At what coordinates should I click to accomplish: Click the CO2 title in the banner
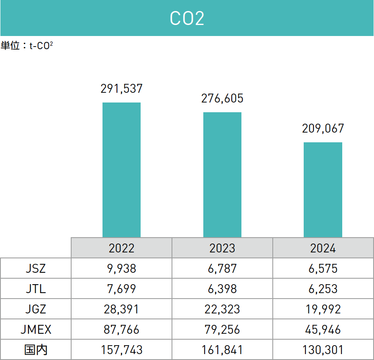[x=187, y=19]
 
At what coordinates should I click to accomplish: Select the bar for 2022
[x=122, y=170]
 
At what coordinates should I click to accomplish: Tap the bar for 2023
[x=222, y=174]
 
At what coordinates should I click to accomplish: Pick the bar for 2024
[x=323, y=190]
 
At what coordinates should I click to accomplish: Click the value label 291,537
[x=122, y=89]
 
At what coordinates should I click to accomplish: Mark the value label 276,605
[x=222, y=98]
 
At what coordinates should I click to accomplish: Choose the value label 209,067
[x=323, y=128]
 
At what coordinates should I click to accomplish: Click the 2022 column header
[x=122, y=248]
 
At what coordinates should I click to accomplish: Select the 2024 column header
[x=323, y=248]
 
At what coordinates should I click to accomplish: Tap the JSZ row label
[x=36, y=268]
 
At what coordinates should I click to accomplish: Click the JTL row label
[x=36, y=289]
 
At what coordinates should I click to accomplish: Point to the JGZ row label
[x=36, y=309]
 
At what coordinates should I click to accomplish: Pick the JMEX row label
[x=36, y=330]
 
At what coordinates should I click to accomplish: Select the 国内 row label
[x=36, y=350]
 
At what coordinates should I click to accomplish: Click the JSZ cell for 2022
[x=122, y=268]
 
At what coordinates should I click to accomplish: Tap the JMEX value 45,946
[x=323, y=330]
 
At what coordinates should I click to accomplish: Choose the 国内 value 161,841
[x=222, y=350]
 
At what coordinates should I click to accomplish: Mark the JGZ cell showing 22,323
[x=222, y=309]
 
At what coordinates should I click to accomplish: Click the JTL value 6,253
[x=323, y=289]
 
